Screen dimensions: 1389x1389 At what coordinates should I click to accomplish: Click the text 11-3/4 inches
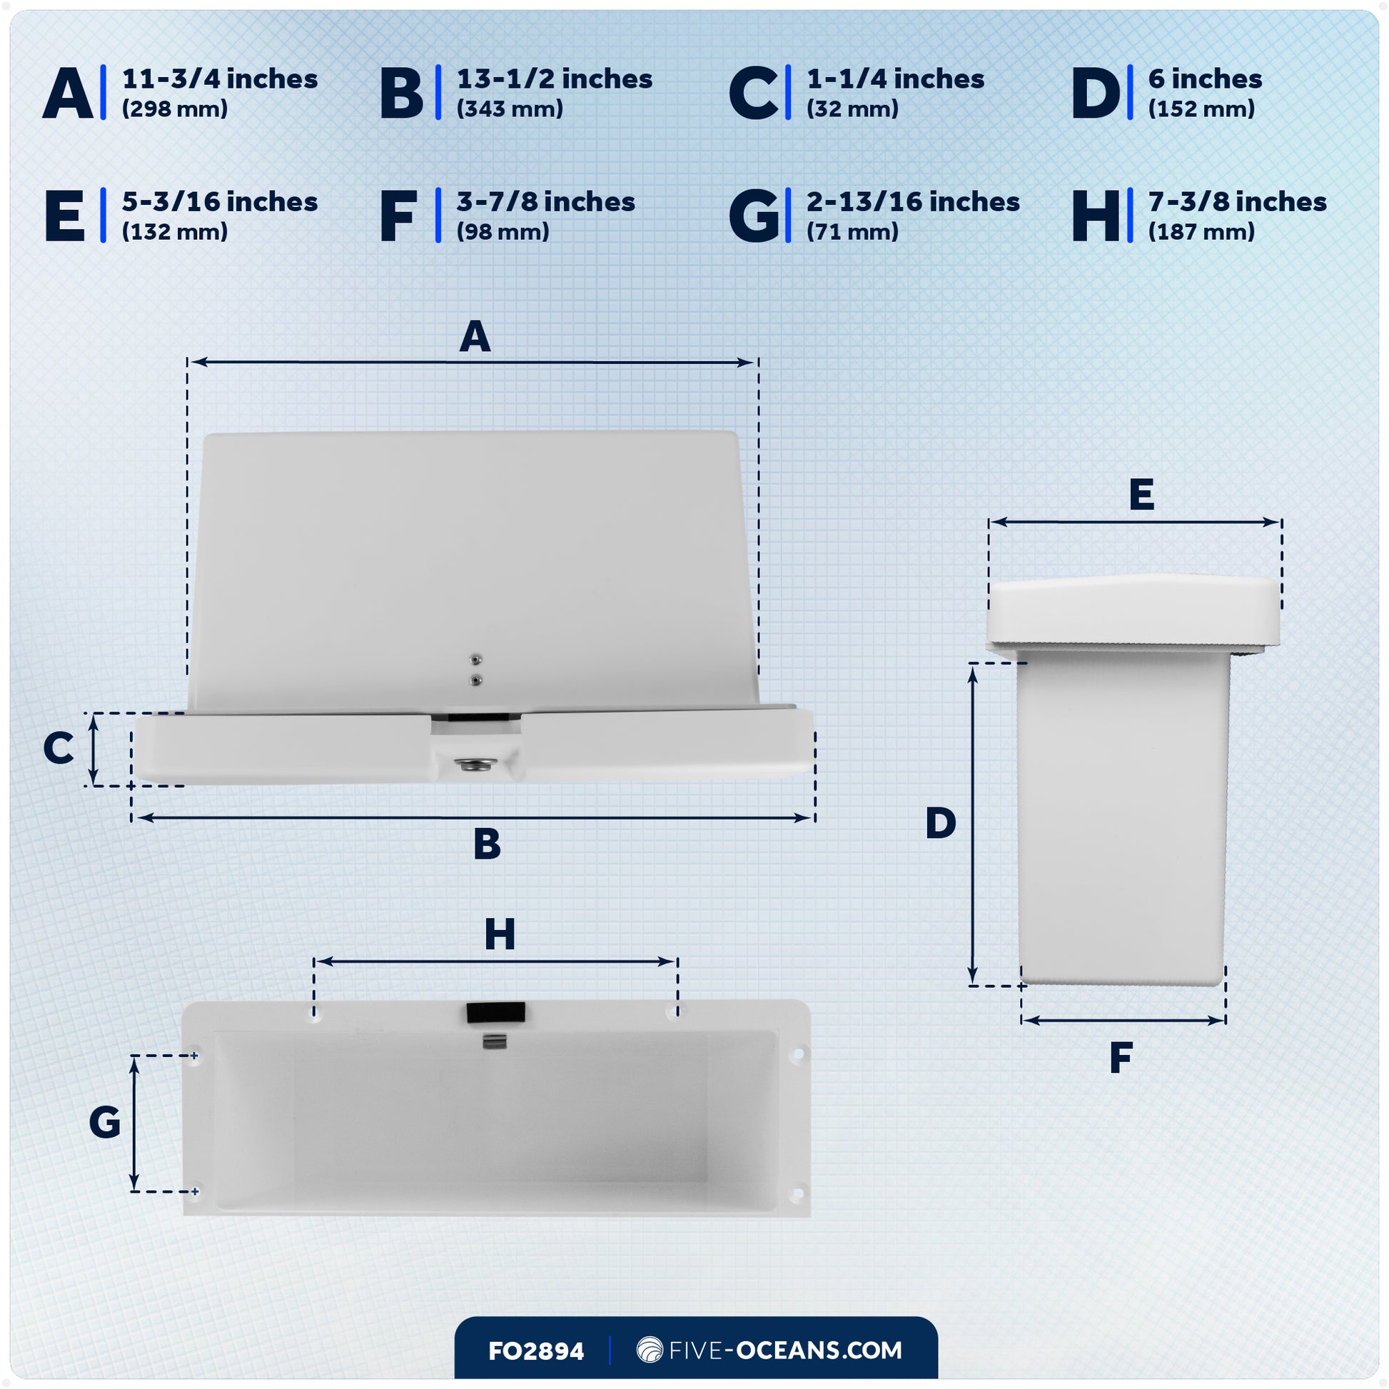219,79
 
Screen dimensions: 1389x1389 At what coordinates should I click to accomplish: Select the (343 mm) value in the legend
510,109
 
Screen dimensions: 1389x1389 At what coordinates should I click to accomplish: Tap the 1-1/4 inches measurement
895,79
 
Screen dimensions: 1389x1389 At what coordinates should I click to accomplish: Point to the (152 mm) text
1201,109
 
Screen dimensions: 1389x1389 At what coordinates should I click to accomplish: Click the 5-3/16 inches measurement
219,202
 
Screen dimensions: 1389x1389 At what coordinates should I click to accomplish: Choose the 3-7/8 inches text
545,202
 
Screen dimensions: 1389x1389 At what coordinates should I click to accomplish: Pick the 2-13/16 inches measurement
913,202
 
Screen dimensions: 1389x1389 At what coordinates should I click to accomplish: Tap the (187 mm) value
1201,232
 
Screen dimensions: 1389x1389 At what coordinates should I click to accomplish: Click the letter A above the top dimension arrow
475,336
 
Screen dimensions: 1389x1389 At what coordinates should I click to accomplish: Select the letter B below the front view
487,844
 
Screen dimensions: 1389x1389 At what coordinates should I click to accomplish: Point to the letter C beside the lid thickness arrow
59,749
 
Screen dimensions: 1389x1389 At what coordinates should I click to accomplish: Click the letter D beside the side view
940,823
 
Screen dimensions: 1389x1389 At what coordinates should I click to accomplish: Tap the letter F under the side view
1121,1059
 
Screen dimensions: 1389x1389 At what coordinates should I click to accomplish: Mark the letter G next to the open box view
105,1123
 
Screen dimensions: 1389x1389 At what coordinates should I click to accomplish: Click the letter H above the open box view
500,934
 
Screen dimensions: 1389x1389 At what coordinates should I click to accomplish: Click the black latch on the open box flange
495,1012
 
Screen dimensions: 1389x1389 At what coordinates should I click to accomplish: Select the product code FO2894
535,1352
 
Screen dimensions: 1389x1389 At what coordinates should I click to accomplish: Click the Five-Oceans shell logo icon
650,1350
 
